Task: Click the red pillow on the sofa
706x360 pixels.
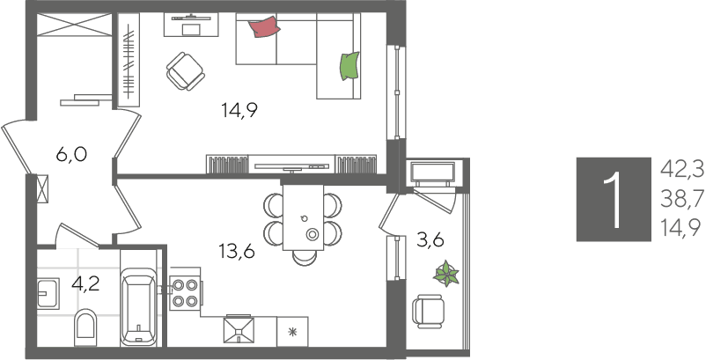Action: (x=265, y=27)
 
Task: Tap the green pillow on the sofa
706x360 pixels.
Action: (x=349, y=66)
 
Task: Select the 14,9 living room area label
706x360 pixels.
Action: (x=239, y=110)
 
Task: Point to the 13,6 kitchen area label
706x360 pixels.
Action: (x=238, y=251)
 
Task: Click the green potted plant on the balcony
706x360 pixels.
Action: (x=446, y=273)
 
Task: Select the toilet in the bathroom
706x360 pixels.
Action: (x=85, y=327)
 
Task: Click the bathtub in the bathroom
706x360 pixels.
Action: (x=138, y=306)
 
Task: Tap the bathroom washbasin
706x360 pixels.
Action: (x=48, y=293)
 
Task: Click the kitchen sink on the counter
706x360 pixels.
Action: (x=239, y=330)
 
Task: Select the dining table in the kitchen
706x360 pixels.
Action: (x=303, y=217)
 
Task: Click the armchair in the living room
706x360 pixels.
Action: (x=185, y=70)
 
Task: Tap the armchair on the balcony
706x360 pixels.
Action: (x=428, y=311)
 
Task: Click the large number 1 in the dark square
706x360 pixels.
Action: (x=614, y=199)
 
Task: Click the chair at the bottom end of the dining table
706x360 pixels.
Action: (x=304, y=257)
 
